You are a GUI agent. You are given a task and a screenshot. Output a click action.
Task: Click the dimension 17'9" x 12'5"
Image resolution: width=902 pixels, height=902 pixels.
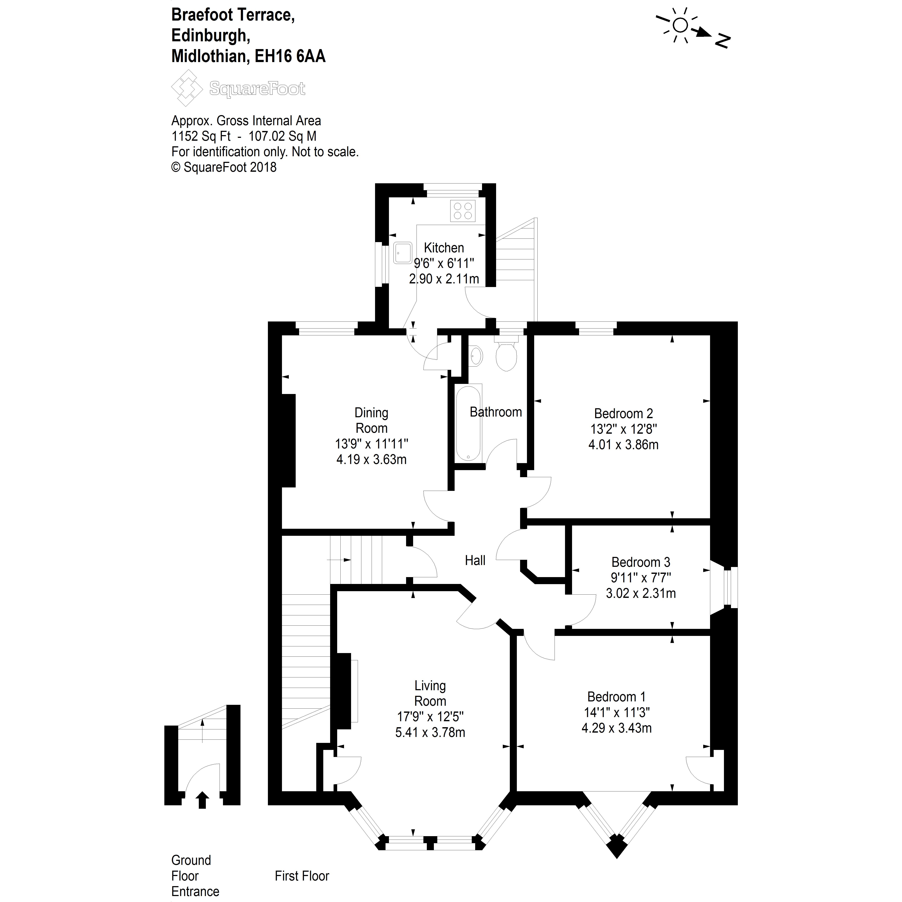click(430, 716)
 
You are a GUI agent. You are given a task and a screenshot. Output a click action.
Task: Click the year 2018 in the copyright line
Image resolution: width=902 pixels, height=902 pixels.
click(263, 167)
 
